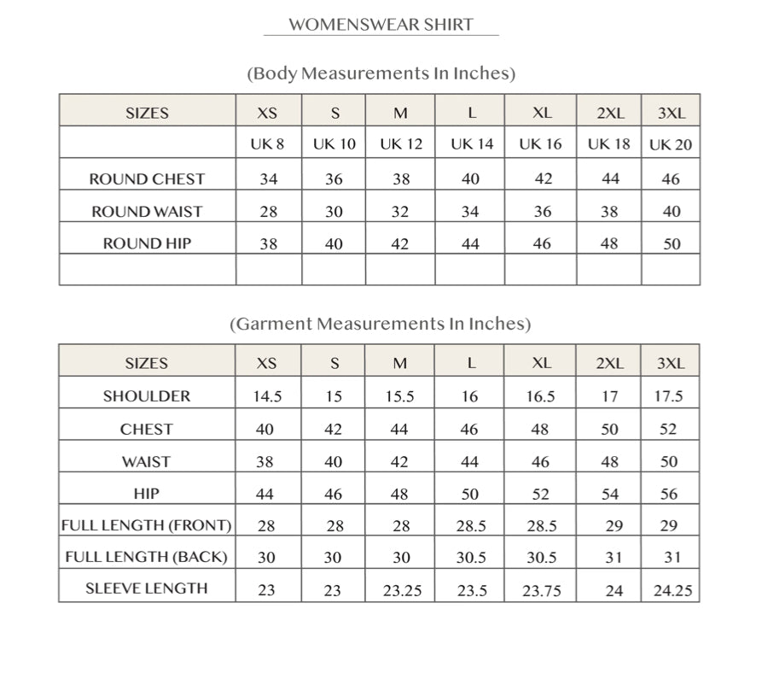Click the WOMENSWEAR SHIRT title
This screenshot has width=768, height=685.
click(381, 24)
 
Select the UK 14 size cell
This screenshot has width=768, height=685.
click(471, 144)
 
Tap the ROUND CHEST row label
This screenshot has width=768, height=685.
click(147, 179)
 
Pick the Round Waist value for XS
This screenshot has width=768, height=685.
click(268, 212)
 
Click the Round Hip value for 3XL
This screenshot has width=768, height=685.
click(672, 244)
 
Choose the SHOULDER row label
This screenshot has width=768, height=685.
click(147, 396)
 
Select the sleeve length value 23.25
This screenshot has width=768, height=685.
click(402, 590)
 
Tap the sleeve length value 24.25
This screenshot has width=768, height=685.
click(672, 590)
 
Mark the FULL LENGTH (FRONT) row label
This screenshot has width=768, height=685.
click(147, 525)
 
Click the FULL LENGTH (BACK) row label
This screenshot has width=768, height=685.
click(147, 557)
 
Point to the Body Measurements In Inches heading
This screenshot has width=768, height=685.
click(381, 73)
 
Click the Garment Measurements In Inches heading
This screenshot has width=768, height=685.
click(381, 324)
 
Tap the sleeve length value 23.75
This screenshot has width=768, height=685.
click(542, 590)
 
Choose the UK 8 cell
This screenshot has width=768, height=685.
click(267, 144)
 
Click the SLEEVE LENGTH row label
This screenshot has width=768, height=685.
click(147, 588)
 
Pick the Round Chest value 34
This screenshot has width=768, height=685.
click(268, 179)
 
